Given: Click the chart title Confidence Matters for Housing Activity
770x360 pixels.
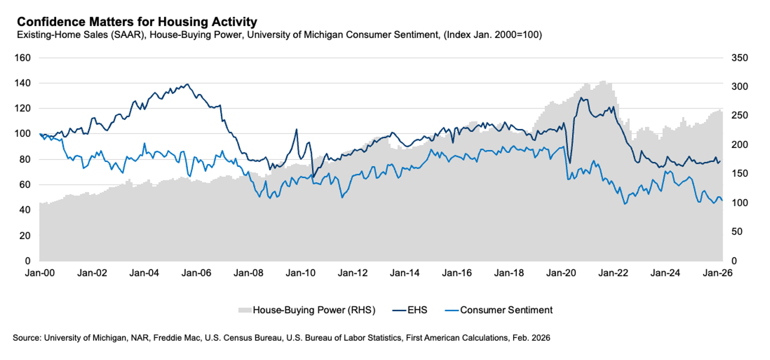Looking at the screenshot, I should (x=137, y=22).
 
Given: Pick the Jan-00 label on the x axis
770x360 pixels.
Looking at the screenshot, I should (x=40, y=273).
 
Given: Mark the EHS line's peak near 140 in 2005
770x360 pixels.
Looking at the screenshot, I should (x=187, y=84).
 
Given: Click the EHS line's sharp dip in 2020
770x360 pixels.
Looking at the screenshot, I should (x=570, y=163).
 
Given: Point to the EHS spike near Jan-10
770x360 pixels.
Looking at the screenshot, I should (x=296, y=129).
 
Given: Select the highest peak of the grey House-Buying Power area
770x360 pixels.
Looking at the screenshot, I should (x=603, y=81).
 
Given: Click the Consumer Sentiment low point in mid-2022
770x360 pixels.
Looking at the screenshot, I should (x=625, y=204).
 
